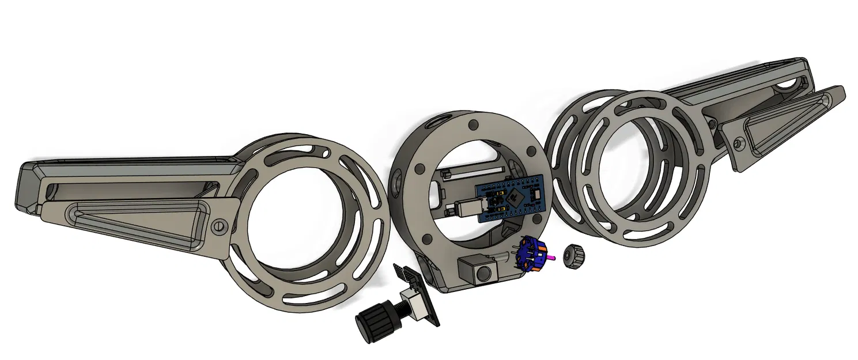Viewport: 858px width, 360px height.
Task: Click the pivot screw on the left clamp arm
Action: [218, 227]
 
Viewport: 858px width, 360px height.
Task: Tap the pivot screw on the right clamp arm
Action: [739, 141]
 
